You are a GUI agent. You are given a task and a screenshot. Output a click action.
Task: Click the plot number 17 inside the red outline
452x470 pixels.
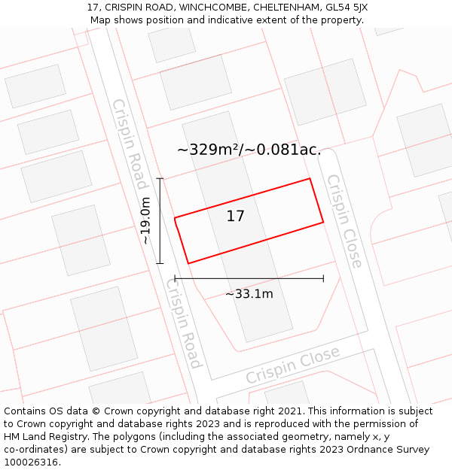[x=236, y=217]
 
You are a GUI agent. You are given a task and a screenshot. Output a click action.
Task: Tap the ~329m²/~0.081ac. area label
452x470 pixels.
[x=249, y=150]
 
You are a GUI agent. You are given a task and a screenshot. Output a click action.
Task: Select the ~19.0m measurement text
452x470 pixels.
[x=146, y=220]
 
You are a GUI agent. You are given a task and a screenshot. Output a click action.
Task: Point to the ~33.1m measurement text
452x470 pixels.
[x=249, y=294]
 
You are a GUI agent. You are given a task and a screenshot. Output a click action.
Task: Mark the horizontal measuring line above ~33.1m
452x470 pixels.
[x=249, y=278]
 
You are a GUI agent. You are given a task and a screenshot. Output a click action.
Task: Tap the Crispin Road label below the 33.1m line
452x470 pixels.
[x=184, y=323]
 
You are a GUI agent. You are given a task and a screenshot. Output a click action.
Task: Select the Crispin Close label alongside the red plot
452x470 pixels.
[x=344, y=221]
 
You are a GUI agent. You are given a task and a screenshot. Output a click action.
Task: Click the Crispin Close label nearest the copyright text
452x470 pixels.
[x=292, y=366]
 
